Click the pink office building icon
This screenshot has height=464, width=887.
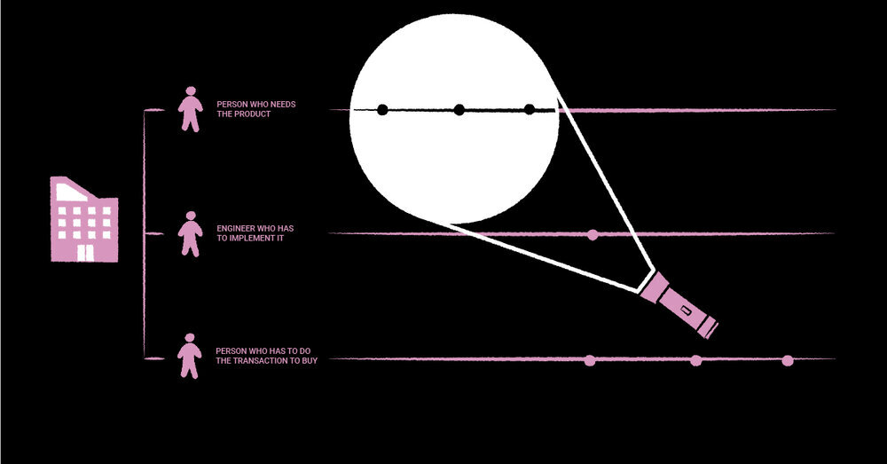tap(83, 220)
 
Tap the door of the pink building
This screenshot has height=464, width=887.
tap(83, 253)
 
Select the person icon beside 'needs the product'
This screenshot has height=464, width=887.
tap(189, 109)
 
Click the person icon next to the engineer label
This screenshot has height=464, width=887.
tap(189, 233)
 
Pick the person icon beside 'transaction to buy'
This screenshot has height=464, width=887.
tap(189, 356)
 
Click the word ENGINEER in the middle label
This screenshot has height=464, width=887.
tap(234, 229)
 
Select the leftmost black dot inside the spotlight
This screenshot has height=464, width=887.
tap(382, 110)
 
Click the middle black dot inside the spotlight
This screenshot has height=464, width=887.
tap(459, 110)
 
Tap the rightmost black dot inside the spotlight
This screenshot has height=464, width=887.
tap(530, 110)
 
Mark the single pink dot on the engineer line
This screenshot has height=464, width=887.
tap(593, 234)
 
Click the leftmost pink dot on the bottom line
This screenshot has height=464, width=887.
tap(590, 359)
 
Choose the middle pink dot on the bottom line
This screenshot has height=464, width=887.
tap(696, 359)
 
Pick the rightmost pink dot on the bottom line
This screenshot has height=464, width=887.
tap(788, 359)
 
